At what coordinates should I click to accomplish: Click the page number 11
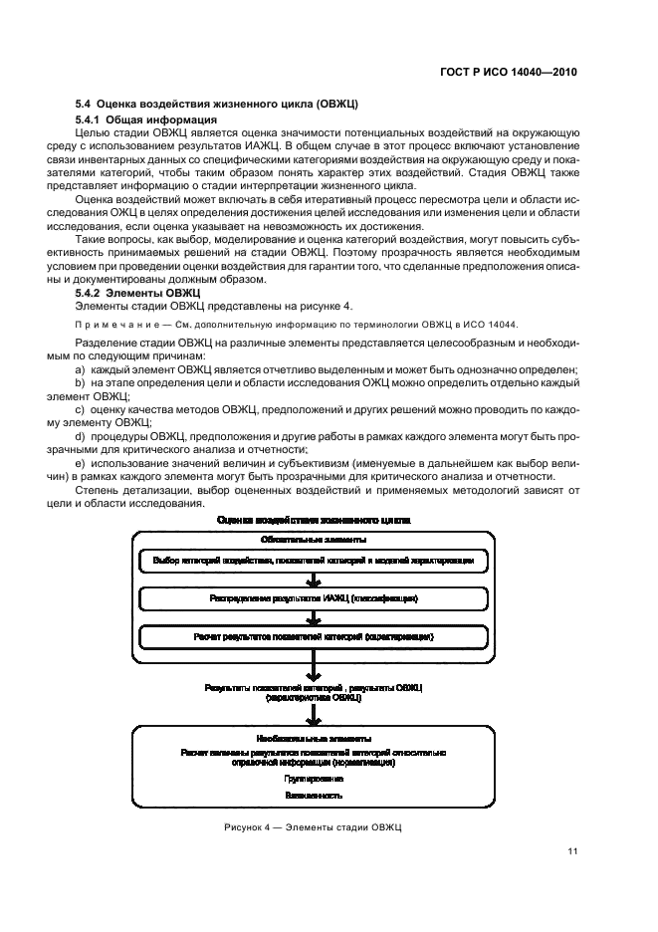[572, 849]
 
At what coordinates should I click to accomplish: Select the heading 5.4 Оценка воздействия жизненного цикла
[217, 105]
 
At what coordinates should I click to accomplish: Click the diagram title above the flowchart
[313, 520]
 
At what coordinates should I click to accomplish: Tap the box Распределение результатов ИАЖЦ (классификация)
[314, 598]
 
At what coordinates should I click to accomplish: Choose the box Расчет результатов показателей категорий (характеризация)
[314, 635]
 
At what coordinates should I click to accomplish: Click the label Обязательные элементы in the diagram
[314, 540]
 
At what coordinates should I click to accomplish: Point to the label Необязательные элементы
[314, 739]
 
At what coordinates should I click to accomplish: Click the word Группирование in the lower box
[314, 778]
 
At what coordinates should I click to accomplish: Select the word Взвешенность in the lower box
[314, 796]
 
